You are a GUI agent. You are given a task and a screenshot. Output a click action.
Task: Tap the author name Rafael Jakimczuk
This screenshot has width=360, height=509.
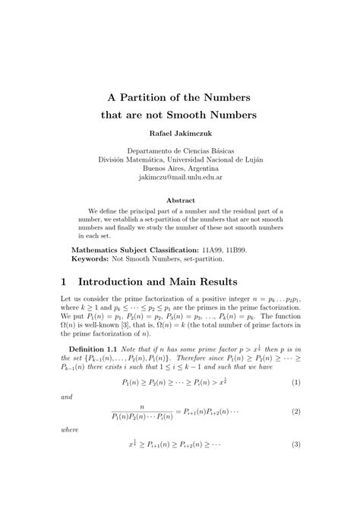pyautogui.click(x=180, y=134)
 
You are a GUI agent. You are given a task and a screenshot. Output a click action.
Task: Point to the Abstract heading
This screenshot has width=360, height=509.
pyautogui.click(x=180, y=200)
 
